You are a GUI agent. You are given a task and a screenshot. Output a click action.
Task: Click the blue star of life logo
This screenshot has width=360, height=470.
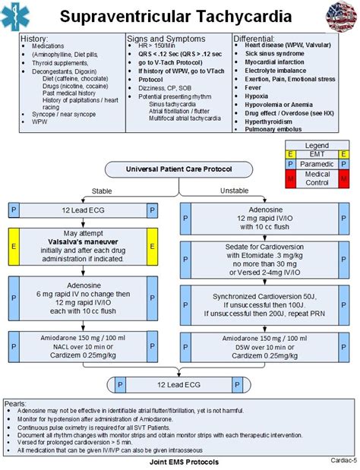[18, 16]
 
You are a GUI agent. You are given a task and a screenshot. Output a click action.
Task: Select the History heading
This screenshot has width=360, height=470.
[35, 38]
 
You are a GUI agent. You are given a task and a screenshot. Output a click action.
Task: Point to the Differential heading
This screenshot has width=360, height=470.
[259, 38]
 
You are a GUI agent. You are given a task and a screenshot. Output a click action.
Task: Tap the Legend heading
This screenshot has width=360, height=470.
[317, 145]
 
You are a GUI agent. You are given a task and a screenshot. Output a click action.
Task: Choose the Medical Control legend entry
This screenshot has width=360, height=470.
[317, 178]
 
